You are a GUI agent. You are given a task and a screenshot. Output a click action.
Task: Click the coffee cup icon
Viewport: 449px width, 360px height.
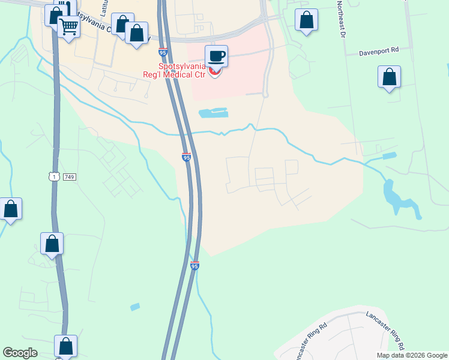(217, 56)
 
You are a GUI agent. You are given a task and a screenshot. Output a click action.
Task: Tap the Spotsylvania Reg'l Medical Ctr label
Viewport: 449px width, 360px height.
(182, 70)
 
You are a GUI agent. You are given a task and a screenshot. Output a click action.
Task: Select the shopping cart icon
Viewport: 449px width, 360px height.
(69, 26)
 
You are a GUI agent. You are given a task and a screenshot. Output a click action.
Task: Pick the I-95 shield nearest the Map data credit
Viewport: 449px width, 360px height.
(194, 265)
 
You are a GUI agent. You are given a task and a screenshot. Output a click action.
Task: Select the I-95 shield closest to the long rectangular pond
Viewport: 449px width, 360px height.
(187, 157)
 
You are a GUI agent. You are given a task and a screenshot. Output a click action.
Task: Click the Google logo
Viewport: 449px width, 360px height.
(20, 353)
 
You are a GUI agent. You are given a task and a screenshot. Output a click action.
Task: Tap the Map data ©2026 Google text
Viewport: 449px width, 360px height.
(411, 355)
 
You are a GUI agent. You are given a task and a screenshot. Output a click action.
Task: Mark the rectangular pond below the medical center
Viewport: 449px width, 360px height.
(213, 112)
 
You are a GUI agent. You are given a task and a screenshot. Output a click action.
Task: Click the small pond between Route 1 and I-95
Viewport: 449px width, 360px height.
(135, 307)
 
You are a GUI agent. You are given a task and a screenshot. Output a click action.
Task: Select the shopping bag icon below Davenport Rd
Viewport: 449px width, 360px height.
(390, 77)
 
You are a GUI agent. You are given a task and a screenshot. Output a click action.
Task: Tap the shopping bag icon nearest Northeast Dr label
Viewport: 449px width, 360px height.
(307, 19)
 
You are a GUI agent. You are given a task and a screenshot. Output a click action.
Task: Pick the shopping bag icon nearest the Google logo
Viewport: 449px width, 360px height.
(65, 346)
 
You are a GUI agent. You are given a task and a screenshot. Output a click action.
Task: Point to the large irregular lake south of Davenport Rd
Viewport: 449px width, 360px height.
(399, 199)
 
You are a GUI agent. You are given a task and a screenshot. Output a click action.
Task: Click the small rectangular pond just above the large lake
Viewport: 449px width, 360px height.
(389, 156)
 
